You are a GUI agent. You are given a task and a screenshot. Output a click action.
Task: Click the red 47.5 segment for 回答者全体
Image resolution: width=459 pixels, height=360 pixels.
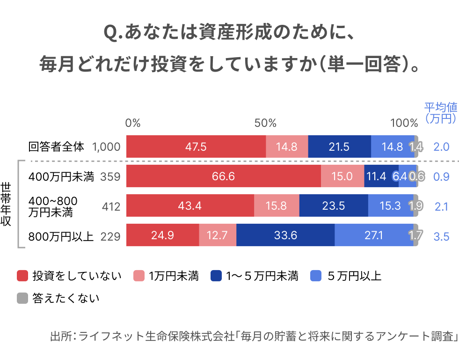tap(196, 147)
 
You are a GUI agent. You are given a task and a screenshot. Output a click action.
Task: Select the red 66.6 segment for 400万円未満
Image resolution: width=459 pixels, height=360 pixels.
tap(223, 176)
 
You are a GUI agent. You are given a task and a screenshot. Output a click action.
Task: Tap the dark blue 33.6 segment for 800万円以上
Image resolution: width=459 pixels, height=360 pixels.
tap(285, 235)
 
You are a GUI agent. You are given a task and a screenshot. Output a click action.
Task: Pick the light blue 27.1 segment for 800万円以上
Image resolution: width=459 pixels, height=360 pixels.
tap(374, 235)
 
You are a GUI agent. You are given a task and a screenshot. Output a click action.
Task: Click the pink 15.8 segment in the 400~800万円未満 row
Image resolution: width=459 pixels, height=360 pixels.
tap(277, 206)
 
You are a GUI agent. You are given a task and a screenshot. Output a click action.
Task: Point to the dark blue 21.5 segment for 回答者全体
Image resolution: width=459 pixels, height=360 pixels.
tap(339, 147)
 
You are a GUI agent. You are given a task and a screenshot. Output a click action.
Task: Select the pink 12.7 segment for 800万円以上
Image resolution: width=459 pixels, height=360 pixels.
tap(218, 235)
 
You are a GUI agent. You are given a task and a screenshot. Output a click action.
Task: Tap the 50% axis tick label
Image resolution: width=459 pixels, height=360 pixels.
tap(265, 123)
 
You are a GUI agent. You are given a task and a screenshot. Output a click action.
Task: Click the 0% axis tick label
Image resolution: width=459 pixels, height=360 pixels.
tap(133, 123)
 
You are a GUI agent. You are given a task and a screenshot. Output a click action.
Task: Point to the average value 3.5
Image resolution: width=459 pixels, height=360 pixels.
tap(441, 236)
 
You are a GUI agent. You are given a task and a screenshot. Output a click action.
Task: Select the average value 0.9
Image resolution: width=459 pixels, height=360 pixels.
tap(441, 177)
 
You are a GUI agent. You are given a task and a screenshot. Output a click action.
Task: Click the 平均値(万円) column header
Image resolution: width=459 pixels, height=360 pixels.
tap(441, 113)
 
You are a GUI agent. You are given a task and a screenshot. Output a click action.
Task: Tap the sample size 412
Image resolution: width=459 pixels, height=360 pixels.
tap(111, 206)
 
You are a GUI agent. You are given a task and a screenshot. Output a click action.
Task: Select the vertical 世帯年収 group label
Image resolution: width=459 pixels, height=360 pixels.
tap(7, 204)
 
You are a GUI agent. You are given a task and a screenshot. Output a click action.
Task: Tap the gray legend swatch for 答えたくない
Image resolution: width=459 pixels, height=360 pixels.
tap(22, 298)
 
